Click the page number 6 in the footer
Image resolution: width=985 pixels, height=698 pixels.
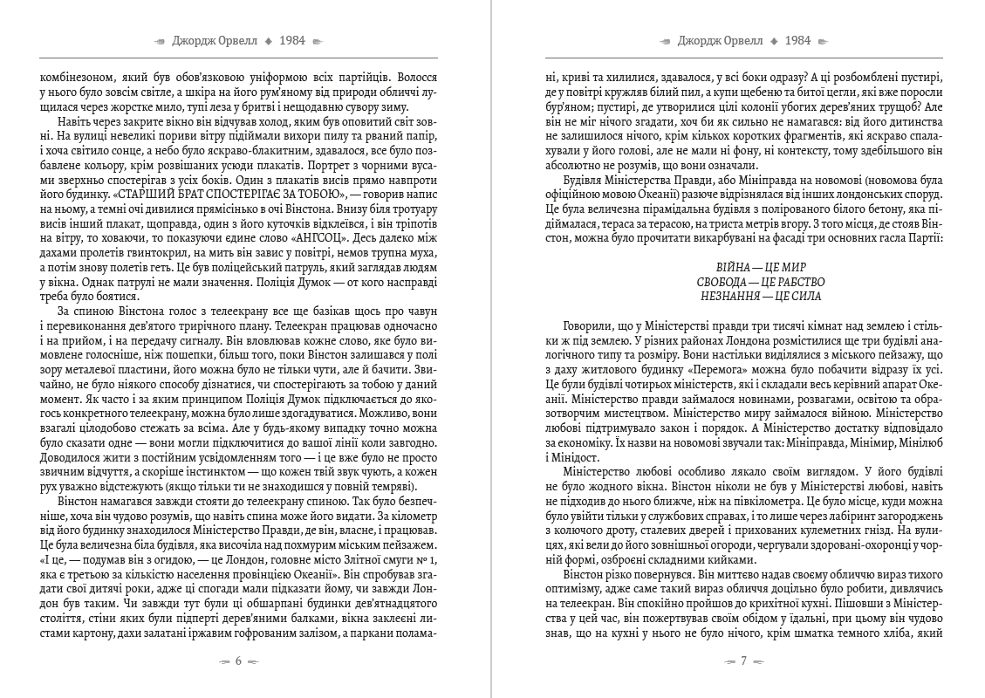239,660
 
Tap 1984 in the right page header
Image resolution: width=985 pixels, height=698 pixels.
797,41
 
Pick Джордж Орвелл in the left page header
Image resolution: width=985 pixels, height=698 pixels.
212,41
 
